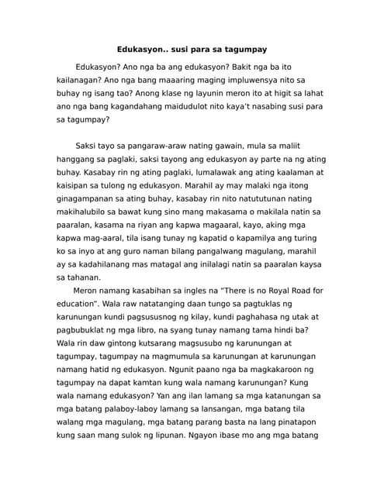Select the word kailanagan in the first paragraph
(82, 80)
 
